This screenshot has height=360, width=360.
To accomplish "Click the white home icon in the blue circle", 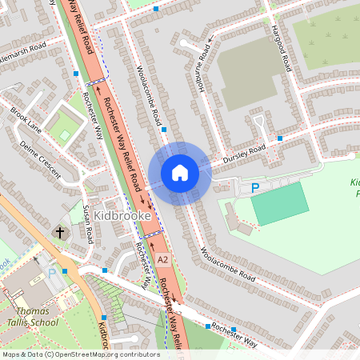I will [179, 173].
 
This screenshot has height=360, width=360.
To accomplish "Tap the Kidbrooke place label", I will [118, 215].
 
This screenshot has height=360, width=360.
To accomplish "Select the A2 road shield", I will [162, 260].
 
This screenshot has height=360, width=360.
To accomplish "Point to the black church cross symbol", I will [60, 233].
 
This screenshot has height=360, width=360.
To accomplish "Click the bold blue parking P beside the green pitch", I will [255, 188].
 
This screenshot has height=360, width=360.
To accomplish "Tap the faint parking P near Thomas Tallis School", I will [53, 272].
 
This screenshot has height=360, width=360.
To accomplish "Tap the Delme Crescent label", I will [40, 155].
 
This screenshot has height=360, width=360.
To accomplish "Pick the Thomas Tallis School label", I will [33, 317].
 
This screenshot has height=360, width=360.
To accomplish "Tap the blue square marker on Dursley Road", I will [280, 138].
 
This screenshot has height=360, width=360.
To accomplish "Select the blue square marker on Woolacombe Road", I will [163, 129].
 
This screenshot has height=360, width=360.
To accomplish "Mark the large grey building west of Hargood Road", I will [249, 72].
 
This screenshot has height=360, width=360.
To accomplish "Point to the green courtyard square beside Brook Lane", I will [63, 127].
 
